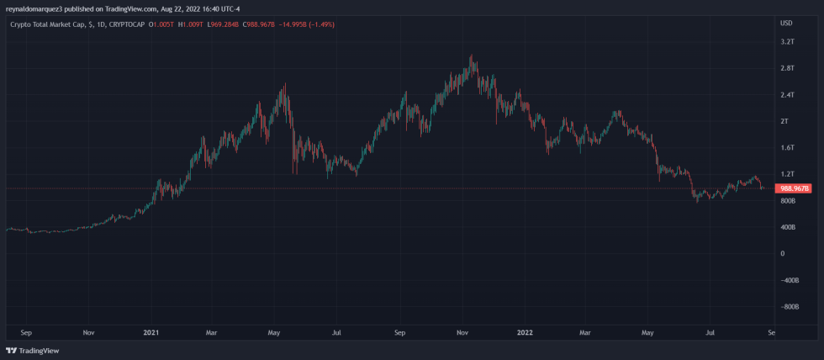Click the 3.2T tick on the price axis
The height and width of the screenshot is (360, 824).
[788, 41]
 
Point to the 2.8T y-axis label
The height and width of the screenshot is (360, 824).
[788, 68]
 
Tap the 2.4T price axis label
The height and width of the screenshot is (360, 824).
[788, 95]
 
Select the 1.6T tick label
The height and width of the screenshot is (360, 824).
[788, 148]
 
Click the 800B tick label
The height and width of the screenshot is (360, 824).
[788, 201]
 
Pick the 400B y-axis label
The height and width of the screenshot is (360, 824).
[788, 227]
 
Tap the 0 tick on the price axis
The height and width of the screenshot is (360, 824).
[782, 254]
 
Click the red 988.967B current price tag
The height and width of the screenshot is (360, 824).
[795, 188]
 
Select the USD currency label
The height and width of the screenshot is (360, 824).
[787, 23]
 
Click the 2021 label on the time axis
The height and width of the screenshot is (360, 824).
[151, 333]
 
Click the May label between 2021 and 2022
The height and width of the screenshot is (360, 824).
[274, 333]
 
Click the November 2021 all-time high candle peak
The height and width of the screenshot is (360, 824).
[472, 56]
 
